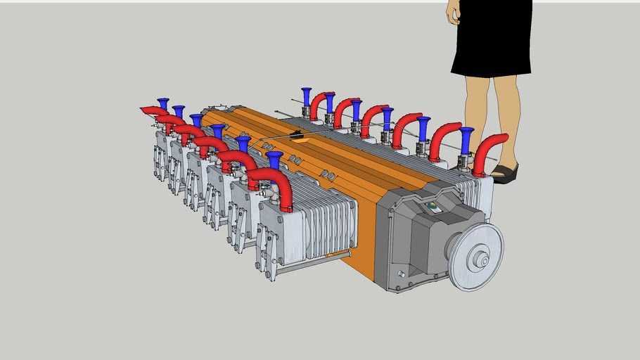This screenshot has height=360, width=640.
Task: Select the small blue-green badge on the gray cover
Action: pyautogui.click(x=434, y=207)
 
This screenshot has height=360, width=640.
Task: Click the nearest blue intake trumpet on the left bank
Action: pyautogui.click(x=274, y=160)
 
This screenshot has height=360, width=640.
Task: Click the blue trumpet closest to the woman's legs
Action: pyautogui.click(x=466, y=139)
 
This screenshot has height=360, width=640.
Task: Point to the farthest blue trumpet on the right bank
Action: pyautogui.click(x=306, y=97)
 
